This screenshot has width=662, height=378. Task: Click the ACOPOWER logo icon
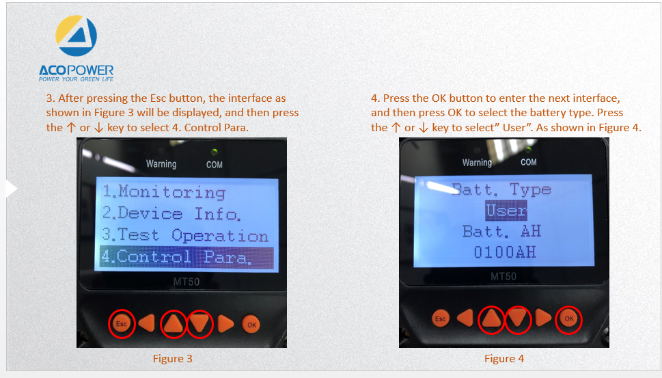[77, 36]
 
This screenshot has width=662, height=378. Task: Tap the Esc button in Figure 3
[122, 324]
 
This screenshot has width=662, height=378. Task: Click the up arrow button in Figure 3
[173, 323]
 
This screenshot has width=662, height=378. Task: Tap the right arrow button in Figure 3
[225, 324]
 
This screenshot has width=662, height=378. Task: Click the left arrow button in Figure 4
[465, 318]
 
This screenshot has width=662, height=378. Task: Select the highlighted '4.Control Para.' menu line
[187, 257]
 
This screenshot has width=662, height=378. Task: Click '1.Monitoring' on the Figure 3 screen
[164, 192]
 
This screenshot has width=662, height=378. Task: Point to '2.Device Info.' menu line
[171, 214]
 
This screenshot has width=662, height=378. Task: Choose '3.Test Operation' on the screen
[185, 235]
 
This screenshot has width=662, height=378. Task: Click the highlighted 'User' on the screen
[506, 210]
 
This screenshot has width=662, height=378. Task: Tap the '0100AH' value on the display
[505, 252]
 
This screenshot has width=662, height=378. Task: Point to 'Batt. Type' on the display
[501, 189]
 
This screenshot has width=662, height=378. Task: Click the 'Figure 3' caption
[172, 359]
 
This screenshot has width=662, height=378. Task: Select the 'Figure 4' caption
[504, 359]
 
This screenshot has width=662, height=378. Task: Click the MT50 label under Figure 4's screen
[504, 277]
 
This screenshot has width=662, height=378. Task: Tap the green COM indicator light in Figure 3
[215, 151]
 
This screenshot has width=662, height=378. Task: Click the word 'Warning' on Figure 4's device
[477, 163]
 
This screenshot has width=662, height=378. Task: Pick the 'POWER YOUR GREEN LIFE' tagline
[77, 79]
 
